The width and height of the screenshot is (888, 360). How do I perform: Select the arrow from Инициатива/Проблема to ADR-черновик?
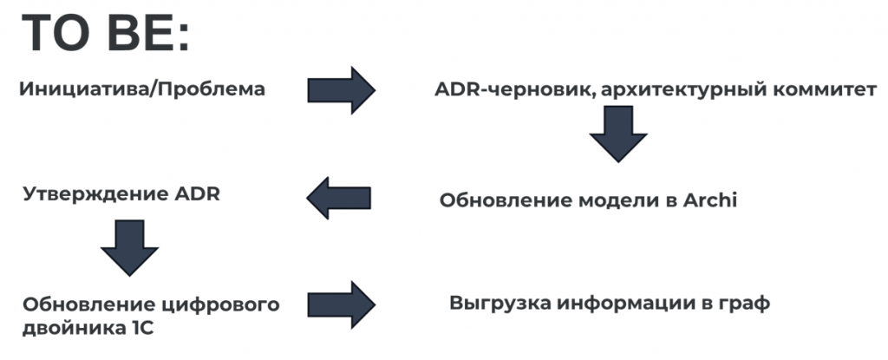(340, 89)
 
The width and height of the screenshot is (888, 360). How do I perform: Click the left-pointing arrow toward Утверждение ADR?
(338, 198)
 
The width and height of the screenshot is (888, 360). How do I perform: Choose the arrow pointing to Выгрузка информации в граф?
(340, 304)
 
